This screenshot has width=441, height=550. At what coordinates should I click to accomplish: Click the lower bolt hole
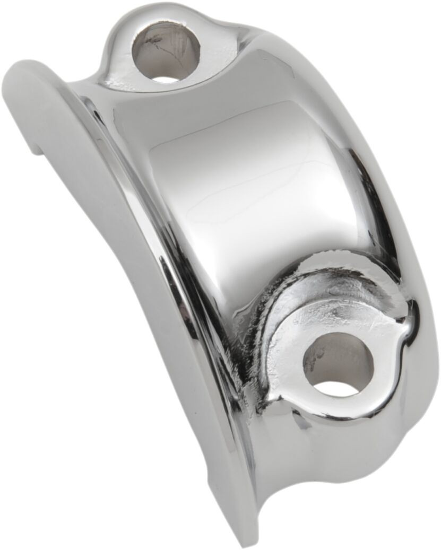(x=338, y=366)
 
